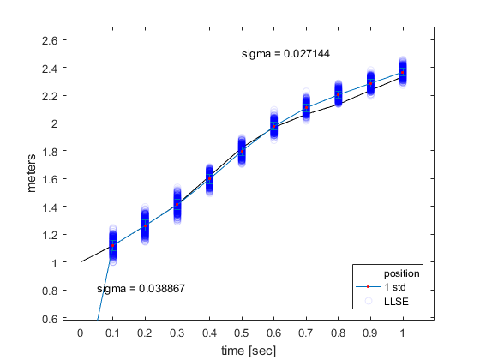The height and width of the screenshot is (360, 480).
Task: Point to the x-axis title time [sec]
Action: point(249,350)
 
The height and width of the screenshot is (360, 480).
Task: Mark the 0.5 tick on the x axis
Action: point(242,333)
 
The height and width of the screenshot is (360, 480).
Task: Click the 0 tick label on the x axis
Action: point(81,333)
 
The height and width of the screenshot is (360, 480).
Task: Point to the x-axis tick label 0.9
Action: point(370,333)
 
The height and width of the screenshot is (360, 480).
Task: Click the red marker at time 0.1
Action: point(112,245)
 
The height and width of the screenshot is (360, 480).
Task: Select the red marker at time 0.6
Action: point(274,126)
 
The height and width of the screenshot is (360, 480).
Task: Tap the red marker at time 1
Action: point(403,72)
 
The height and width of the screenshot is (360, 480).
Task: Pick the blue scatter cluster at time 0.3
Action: point(177,205)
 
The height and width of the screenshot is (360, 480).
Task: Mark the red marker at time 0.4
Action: point(209,180)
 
